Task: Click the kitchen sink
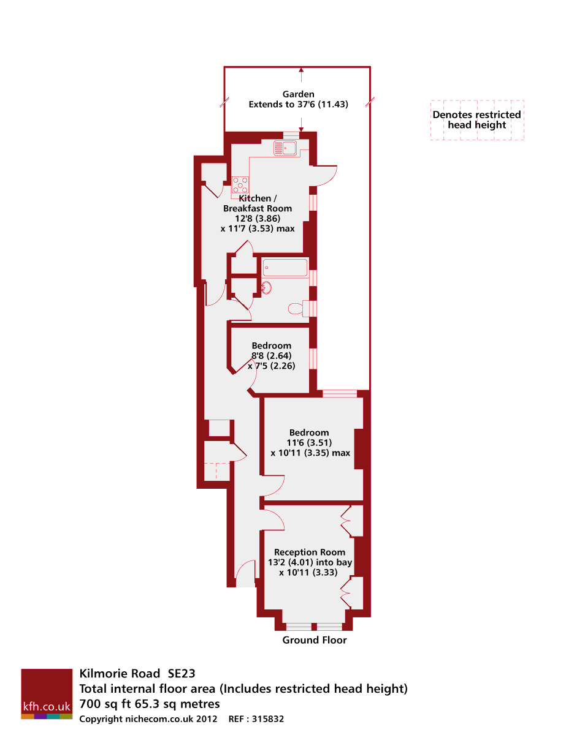tap(286, 148)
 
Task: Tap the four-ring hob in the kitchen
tap(240, 185)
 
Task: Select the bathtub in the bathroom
tap(285, 268)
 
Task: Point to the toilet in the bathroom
tap(296, 309)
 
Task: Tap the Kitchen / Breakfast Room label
tap(258, 203)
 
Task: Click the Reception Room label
tap(310, 552)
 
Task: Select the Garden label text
tap(299, 94)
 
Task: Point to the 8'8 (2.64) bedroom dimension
tap(271, 356)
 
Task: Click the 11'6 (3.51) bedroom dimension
tap(309, 443)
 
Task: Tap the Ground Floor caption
tap(315, 640)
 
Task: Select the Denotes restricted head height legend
tap(477, 120)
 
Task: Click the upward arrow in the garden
tap(301, 72)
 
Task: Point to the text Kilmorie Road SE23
tap(137, 674)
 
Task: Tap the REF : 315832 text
tap(256, 719)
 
